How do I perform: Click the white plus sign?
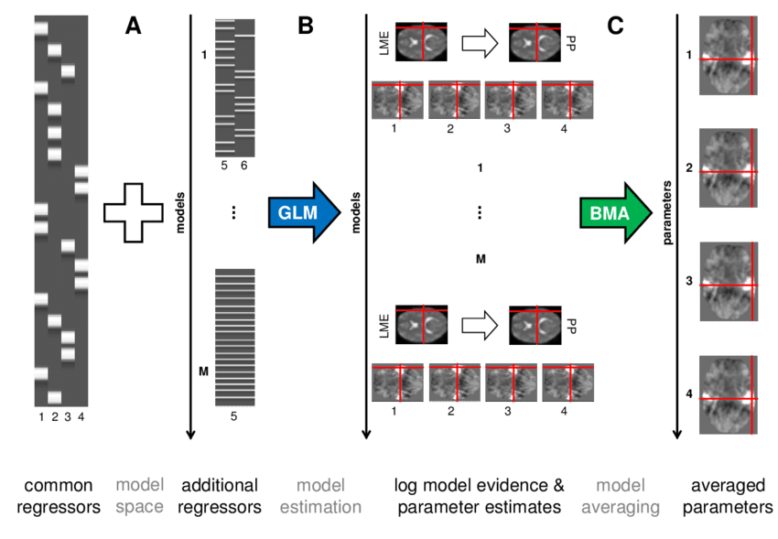coord(133,212)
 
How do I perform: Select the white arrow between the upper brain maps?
coord(479,42)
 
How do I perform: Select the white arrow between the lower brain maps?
coord(479,324)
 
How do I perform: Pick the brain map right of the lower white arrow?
coord(536,324)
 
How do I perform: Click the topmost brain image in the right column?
coord(729,56)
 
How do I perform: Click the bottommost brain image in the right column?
coord(729,394)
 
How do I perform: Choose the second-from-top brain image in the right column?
coord(729,168)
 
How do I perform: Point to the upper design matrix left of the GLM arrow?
coord(234,87)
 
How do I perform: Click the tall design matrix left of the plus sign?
coord(61,212)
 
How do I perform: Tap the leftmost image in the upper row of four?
coord(396,100)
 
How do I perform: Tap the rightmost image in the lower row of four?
coord(567,382)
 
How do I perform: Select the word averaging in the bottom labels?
coord(621,507)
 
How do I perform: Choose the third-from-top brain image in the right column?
coord(729,282)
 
